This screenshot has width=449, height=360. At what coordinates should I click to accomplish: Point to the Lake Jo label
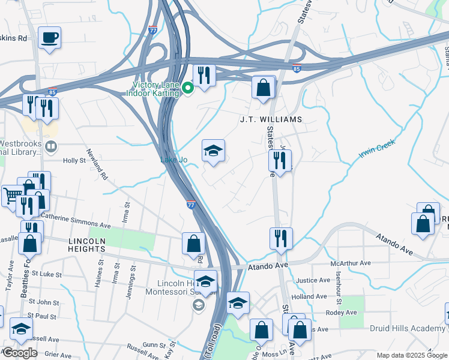pos(174,159)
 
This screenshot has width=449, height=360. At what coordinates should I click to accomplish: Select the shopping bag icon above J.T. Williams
pos(263,88)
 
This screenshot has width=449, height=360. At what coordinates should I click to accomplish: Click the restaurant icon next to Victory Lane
pos(203,75)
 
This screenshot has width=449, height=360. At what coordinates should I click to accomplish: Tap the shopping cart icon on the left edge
pos(11,195)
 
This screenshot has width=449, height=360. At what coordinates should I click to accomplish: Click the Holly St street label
pos(74,161)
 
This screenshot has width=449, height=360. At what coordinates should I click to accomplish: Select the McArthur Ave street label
pos(351,263)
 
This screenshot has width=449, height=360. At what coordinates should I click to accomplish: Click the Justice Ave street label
pos(313,280)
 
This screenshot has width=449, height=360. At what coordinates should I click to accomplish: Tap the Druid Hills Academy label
pos(407,328)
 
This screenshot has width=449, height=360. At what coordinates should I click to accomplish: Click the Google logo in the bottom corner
pos(20,353)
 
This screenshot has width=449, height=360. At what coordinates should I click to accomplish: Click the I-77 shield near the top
pos(153,29)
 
